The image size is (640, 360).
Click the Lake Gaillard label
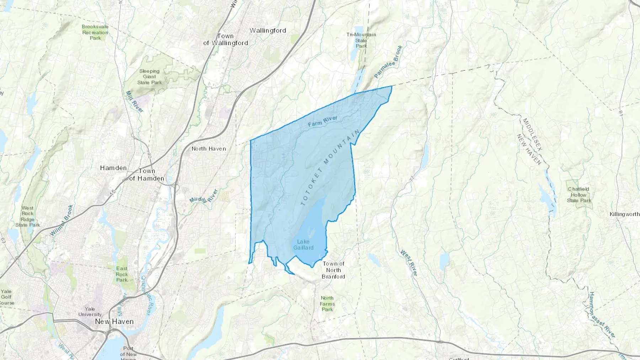coord(303,245)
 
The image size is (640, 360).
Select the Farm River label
coord(322,121)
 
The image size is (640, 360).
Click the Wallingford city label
coord(268,31)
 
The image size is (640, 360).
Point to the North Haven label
coord(209,149)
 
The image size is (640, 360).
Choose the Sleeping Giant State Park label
coord(149,77)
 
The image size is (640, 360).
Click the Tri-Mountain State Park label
coord(361,40)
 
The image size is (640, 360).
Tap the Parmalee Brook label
coord(388,61)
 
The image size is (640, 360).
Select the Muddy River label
coord(203,196)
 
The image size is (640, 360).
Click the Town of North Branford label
coord(333,270)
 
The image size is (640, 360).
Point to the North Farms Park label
coord(327,303)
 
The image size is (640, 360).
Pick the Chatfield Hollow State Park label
coord(579,195)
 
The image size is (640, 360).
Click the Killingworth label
coord(624,214)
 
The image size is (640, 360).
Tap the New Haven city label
coord(114,321)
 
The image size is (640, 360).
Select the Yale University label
coord(90,312)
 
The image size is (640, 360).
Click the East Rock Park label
coord(122,274)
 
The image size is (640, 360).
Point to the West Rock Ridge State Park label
coord(27,216)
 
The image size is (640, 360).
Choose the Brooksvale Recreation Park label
coord(95,32)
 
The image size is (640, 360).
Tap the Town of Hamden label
coord(146,174)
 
